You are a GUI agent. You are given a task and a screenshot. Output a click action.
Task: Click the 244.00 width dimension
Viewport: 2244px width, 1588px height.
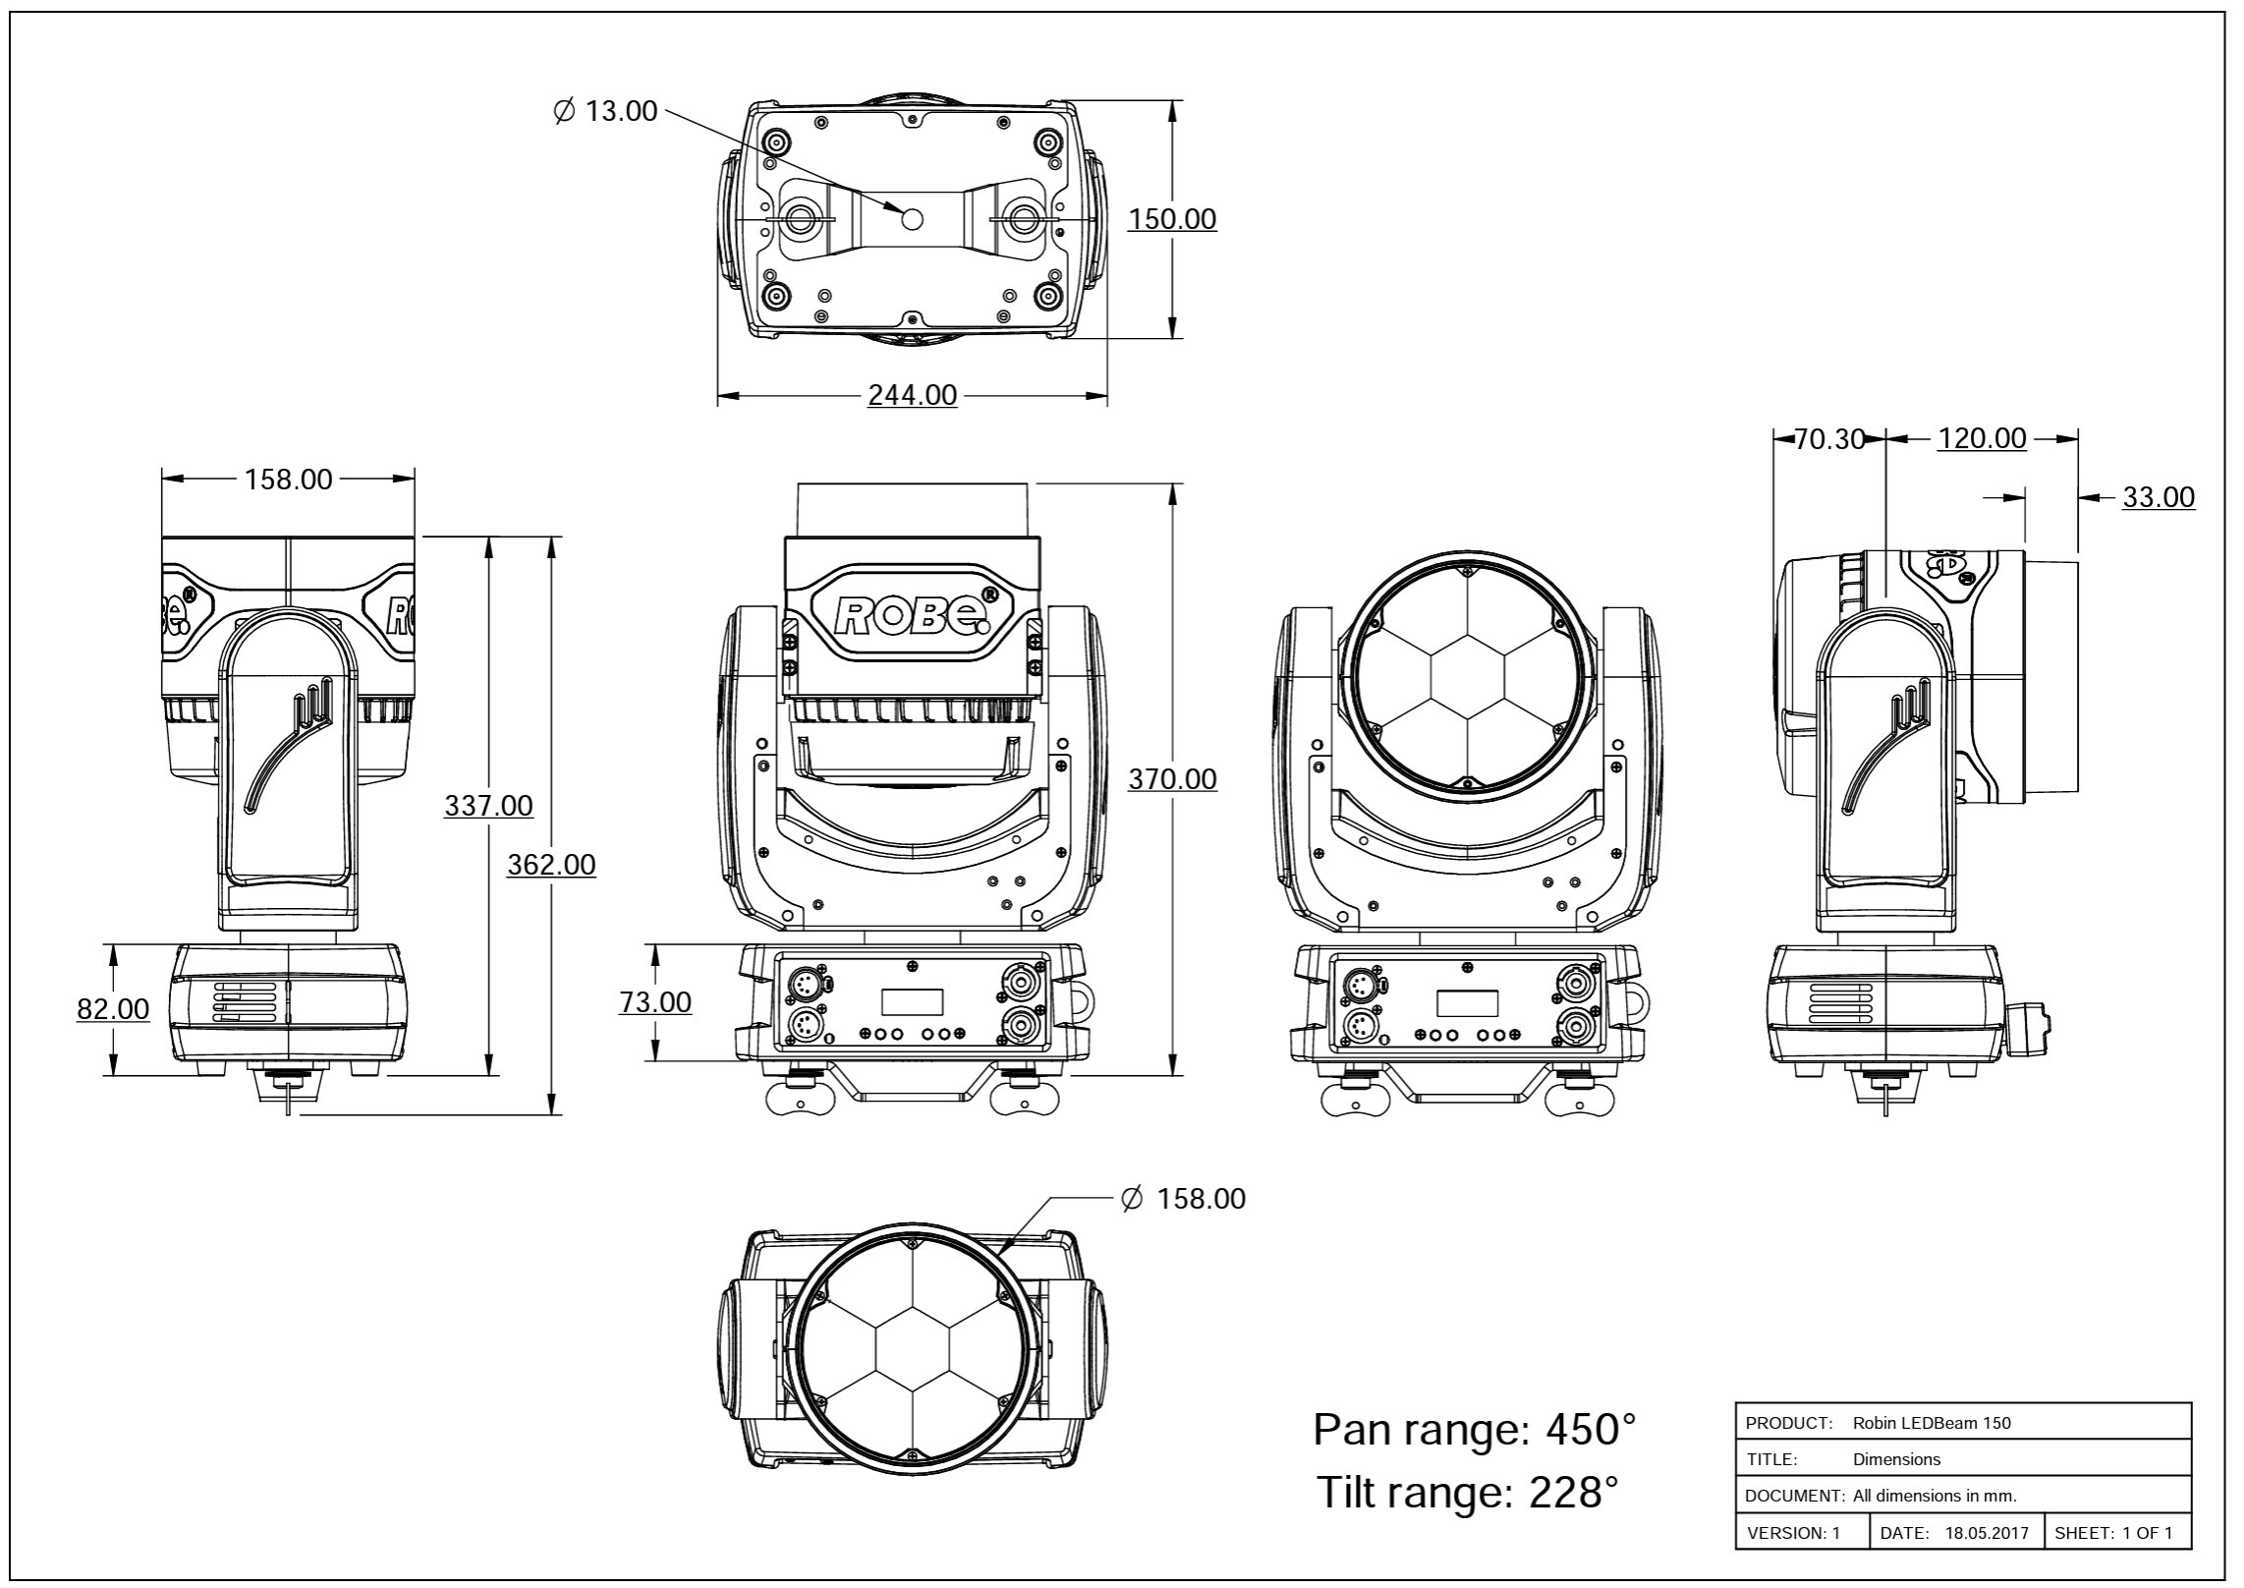(x=912, y=395)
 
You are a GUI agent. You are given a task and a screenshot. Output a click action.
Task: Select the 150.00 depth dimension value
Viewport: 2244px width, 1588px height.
(x=1172, y=218)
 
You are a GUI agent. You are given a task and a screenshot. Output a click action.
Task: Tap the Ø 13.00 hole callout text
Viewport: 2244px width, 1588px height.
(x=606, y=111)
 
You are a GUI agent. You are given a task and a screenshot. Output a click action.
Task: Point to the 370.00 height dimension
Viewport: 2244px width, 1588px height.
(x=1172, y=779)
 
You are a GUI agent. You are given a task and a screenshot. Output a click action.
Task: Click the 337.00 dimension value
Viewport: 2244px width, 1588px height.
(x=489, y=806)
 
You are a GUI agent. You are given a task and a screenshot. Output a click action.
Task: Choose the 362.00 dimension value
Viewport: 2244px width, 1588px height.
(x=551, y=865)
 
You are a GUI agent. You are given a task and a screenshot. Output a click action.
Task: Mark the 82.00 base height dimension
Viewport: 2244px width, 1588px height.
(x=114, y=1009)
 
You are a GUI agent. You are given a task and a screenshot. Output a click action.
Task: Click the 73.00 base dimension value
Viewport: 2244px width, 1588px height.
(x=655, y=1002)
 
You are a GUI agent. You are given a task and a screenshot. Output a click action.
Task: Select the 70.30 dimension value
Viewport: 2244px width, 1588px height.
(x=1829, y=439)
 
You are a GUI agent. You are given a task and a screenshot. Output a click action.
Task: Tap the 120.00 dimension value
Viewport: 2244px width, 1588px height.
(x=1982, y=438)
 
